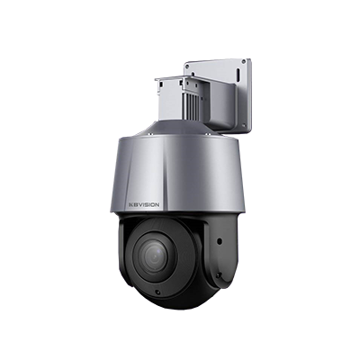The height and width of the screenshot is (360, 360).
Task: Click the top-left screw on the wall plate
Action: [x=190, y=67]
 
